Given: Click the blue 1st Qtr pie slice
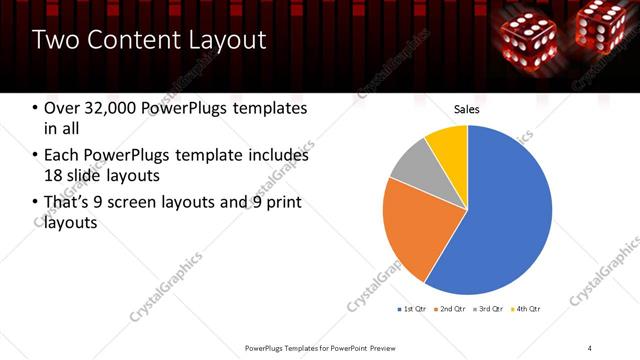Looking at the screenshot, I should point(505,215).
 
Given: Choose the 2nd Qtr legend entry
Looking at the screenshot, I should point(452,308).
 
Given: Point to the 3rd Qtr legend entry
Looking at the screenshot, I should point(490,308).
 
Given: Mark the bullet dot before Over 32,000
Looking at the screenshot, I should point(36,108).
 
